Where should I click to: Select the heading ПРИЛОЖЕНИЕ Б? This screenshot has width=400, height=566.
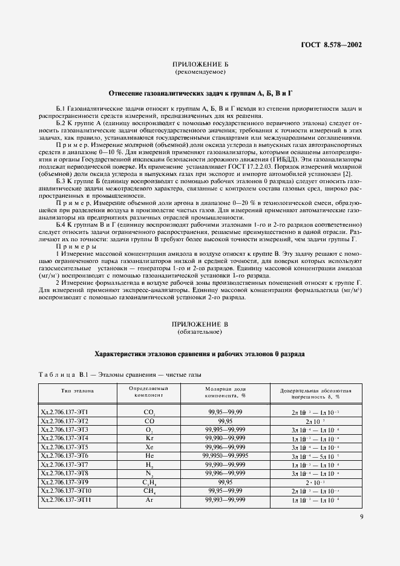point(200,65)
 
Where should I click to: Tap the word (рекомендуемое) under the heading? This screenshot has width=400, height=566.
point(200,73)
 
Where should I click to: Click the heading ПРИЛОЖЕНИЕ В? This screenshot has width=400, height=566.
point(200,325)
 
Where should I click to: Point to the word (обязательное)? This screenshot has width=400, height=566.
point(200,333)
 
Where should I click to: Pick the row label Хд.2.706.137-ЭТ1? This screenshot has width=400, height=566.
point(64,412)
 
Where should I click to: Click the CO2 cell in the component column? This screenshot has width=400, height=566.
point(148,412)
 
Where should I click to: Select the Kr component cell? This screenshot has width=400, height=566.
point(148,437)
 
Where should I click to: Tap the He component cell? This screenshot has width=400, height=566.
point(148,455)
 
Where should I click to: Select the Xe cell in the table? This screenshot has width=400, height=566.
point(148,446)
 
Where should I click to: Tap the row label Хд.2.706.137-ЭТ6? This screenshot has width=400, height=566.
point(64,455)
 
